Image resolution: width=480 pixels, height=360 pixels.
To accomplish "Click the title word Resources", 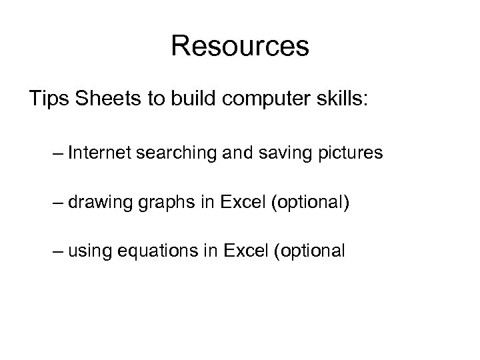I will point(240,47).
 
